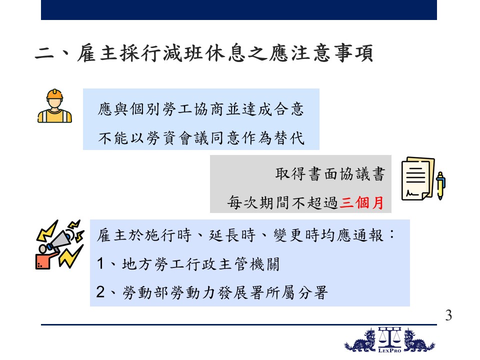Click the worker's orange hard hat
tap(54, 94)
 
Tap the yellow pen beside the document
tap(440, 185)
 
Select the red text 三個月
tap(361, 202)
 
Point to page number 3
tap(448, 315)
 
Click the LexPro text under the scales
tap(389, 350)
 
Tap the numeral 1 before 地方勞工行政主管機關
tap(100, 263)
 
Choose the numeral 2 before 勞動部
tap(100, 291)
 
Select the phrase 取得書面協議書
tap(330, 174)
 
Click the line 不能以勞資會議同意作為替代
tap(201, 138)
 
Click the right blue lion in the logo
tap(419, 340)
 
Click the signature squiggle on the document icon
tap(411, 193)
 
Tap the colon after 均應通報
tap(392, 235)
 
